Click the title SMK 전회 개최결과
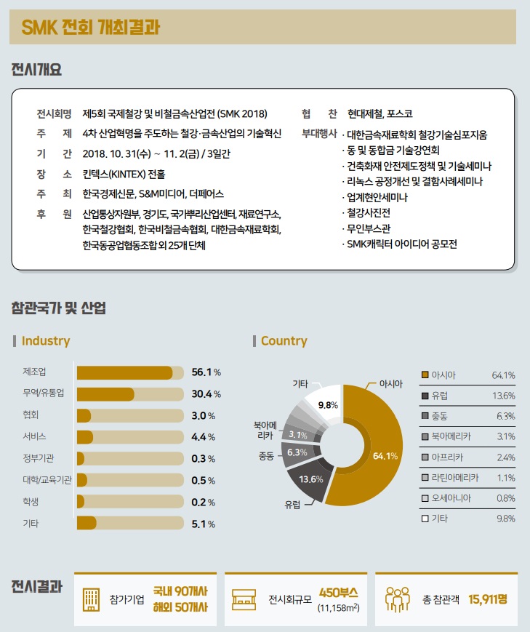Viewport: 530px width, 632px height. click(90, 27)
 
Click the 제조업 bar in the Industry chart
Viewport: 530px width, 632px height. click(124, 372)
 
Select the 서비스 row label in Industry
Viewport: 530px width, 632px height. click(35, 437)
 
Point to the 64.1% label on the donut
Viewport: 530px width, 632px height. click(385, 456)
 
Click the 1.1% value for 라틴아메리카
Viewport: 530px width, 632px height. click(505, 478)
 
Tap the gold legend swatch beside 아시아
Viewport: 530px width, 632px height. click(425, 375)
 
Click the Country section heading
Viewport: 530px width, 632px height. click(284, 341)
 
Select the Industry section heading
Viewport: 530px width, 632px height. click(46, 341)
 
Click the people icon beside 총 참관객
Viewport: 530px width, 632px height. click(397, 599)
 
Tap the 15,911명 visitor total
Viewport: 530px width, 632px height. click(488, 599)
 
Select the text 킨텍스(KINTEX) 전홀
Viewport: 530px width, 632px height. click(124, 174)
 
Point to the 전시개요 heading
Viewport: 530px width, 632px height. click(36, 71)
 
